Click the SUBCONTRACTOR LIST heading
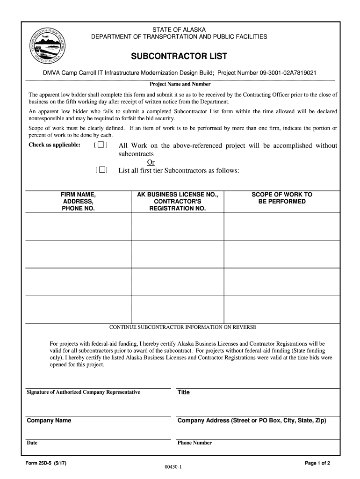point(179,57)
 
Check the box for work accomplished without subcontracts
point(101,145)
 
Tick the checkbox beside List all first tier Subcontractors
point(102,170)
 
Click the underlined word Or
point(151,162)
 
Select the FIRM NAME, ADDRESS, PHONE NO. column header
point(78,202)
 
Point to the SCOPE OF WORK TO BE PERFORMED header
point(281,198)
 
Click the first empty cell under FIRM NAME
point(78,226)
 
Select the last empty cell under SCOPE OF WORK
point(281,310)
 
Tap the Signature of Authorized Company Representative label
point(83,392)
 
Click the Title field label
point(184,392)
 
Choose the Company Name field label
point(49,421)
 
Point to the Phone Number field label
point(194,443)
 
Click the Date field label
point(32,443)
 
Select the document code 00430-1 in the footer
point(173,467)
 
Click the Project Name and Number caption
point(180,84)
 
